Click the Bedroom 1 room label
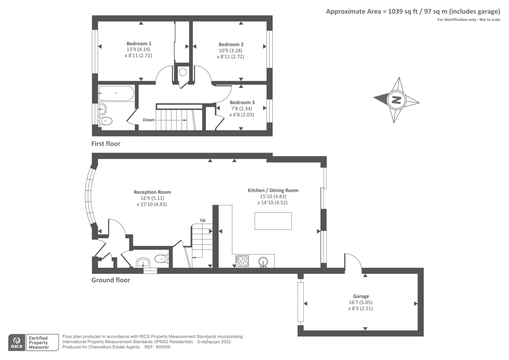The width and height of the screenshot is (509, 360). coord(139,44)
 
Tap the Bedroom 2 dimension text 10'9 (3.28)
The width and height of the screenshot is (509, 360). coord(231,51)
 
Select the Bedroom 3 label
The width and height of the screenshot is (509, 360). coord(242,102)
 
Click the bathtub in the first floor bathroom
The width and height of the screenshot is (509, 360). coord(116,93)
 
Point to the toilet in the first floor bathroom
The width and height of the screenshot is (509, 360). coord(105,121)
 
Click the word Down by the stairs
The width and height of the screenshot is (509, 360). coord(149,120)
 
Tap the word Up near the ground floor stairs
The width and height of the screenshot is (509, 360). coord(203,220)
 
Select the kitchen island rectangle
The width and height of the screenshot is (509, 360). coord(273,221)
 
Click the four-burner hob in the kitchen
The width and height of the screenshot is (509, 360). coord(242,261)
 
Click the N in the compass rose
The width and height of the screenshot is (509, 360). coord(396,100)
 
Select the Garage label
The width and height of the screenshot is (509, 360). coord(361,296)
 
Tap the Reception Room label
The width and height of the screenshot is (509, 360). coord(152,192)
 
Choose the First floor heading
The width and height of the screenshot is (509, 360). coord(106,144)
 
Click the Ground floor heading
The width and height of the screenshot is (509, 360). coord(111,280)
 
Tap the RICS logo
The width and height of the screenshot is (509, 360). coord(17,342)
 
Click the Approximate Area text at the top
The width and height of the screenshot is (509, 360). coord(413,12)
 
